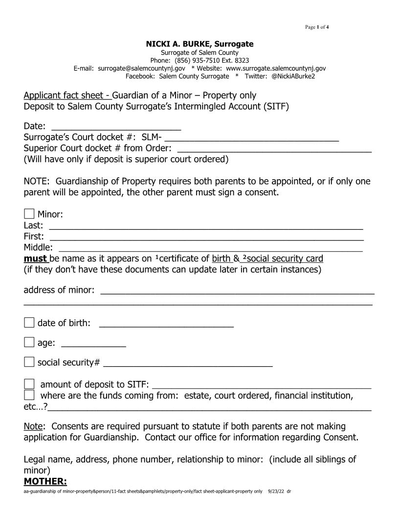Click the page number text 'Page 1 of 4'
tap(317, 26)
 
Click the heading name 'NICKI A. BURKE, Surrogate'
tap(199, 44)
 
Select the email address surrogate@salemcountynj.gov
tap(142, 68)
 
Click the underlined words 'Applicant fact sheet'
tap(67, 95)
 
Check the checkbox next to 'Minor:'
tap(29, 214)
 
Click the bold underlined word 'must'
tap(35, 258)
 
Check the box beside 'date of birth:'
tap(29, 323)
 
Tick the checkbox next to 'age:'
tap(29, 342)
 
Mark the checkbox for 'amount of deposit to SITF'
tap(29, 384)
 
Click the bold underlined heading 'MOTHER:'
tap(45, 482)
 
